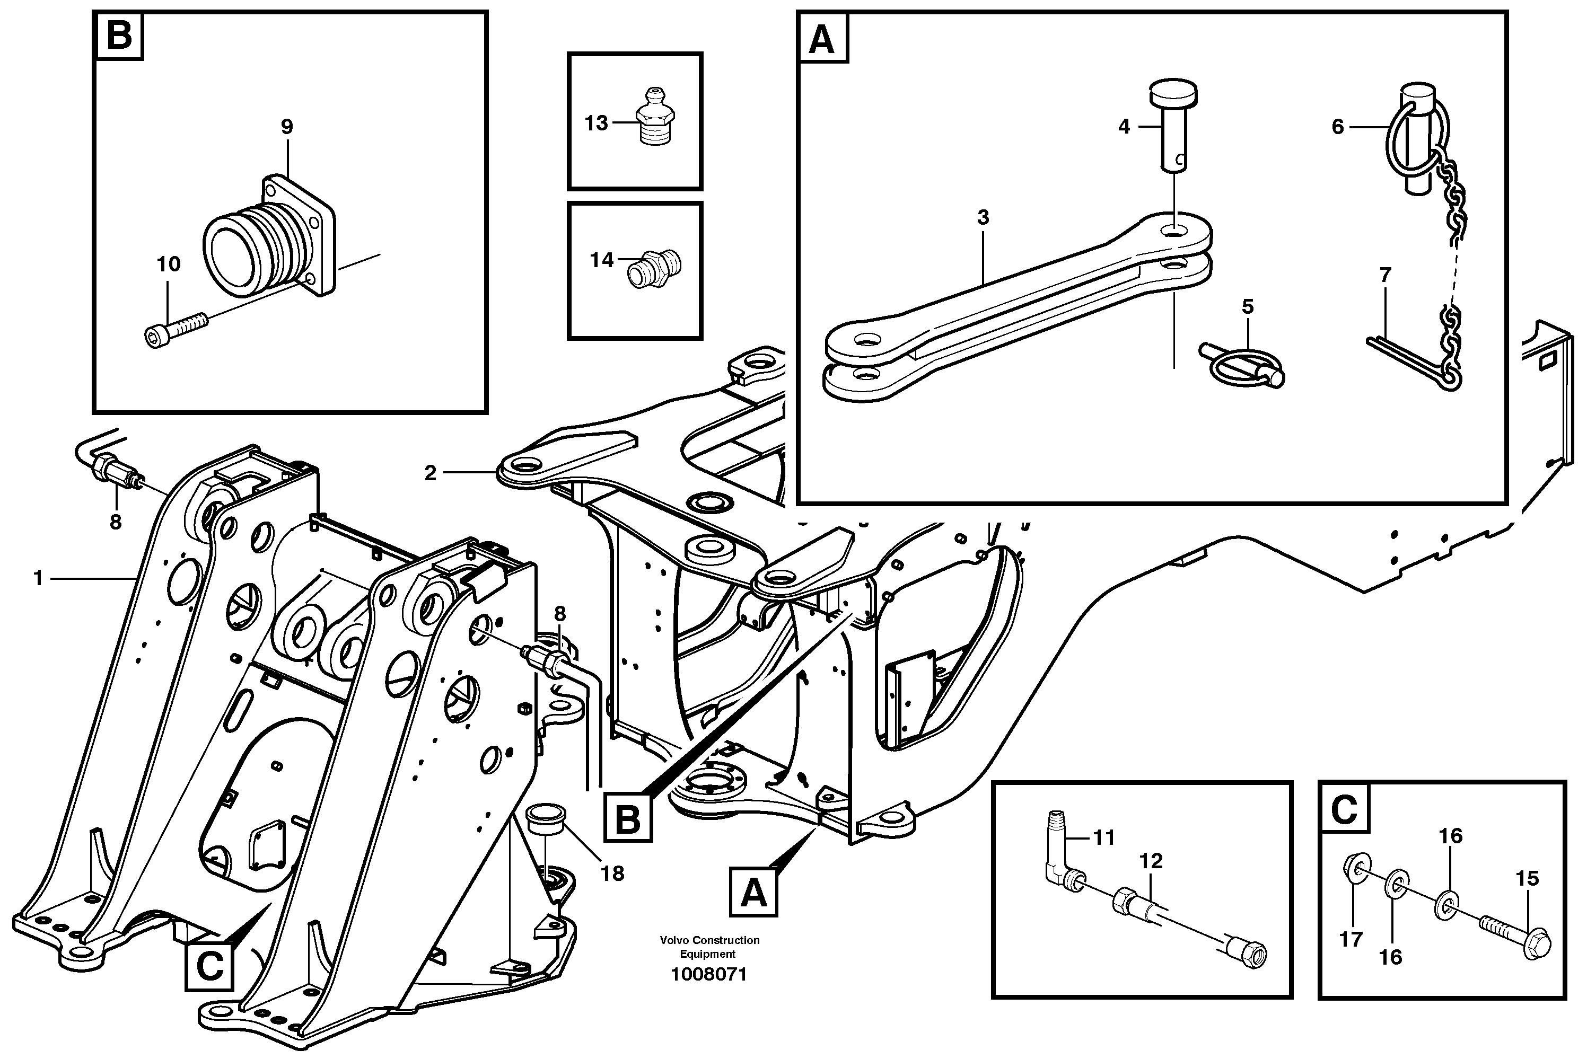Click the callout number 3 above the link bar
983,217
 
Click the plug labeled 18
546,819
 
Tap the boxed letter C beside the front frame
209,967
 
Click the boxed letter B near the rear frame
628,820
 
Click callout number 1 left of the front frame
39,578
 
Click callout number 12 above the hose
1151,861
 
